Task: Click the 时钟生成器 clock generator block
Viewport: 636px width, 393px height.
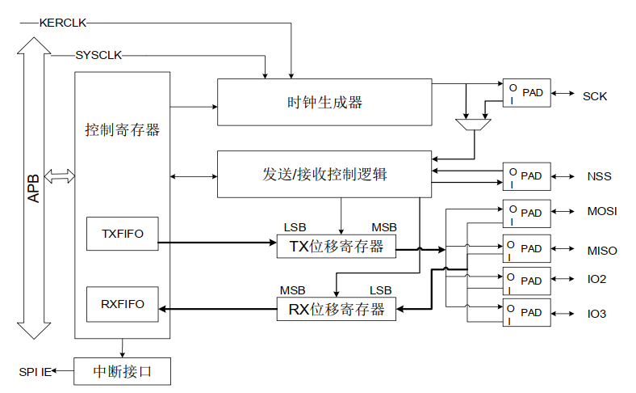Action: click(x=324, y=102)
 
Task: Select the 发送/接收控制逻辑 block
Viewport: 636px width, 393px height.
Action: click(x=324, y=174)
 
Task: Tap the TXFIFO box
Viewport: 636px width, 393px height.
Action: click(x=123, y=234)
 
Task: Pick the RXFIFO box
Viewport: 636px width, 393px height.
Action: click(x=123, y=304)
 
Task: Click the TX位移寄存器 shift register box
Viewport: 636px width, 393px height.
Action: click(x=337, y=247)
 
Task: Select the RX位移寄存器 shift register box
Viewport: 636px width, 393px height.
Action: click(x=337, y=309)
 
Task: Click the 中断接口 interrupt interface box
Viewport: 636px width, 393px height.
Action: click(x=122, y=372)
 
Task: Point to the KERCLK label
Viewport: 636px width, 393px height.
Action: click(x=62, y=22)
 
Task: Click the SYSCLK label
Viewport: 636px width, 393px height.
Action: click(x=99, y=56)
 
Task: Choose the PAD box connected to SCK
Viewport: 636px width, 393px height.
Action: click(x=526, y=93)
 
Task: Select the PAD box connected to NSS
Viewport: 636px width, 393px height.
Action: click(x=526, y=175)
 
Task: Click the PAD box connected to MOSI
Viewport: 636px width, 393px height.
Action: click(x=526, y=213)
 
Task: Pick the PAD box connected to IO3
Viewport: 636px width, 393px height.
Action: click(x=526, y=312)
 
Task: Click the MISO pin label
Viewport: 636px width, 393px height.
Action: click(x=602, y=250)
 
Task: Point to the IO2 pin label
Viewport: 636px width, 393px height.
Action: click(x=597, y=279)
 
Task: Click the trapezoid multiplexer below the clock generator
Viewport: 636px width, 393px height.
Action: click(x=473, y=126)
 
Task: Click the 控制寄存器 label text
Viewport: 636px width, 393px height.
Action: click(x=123, y=129)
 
